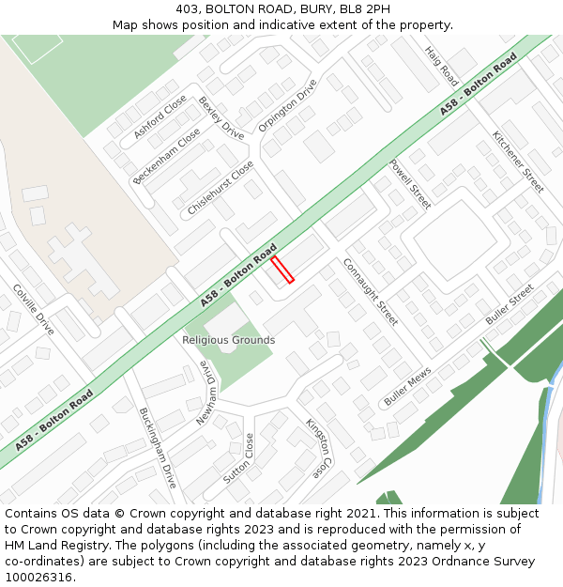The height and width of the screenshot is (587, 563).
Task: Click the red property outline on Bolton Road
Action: click(282, 270)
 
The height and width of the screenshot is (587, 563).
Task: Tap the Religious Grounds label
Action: click(229, 340)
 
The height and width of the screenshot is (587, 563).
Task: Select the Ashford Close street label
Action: click(160, 117)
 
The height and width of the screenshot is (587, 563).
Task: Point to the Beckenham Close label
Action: click(166, 155)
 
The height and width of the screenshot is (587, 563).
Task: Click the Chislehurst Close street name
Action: click(221, 188)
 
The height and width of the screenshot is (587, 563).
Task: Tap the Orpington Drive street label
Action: click(288, 111)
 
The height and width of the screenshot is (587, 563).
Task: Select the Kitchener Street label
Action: click(518, 162)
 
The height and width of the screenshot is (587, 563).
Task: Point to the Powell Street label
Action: click(410, 183)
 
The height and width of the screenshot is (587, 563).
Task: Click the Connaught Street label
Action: click(370, 291)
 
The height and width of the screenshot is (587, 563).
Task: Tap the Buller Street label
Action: click(510, 304)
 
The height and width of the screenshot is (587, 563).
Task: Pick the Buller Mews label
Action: click(407, 386)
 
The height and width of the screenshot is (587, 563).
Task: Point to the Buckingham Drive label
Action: click(158, 448)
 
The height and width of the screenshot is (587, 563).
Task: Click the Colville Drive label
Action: click(33, 309)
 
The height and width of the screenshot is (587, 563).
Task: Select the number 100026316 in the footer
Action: click(38, 578)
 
